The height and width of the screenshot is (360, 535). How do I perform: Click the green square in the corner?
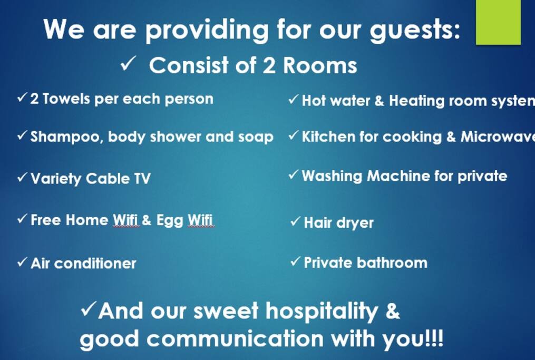point(498,22)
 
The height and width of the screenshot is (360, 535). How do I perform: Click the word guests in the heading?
point(415,30)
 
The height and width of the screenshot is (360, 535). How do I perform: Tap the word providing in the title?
point(207,30)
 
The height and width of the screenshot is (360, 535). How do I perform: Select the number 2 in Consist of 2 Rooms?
point(268,65)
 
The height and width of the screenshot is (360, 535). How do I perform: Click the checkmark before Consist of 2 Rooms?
point(128,63)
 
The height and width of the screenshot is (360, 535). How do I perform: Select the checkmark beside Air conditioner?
point(22,262)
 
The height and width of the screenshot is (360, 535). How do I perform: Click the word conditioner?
point(95,264)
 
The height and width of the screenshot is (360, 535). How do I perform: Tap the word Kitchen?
point(328,137)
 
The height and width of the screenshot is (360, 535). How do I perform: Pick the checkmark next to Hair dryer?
point(296,221)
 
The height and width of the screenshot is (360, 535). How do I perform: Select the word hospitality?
point(322,312)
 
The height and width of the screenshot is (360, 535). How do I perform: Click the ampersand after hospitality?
point(392,311)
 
